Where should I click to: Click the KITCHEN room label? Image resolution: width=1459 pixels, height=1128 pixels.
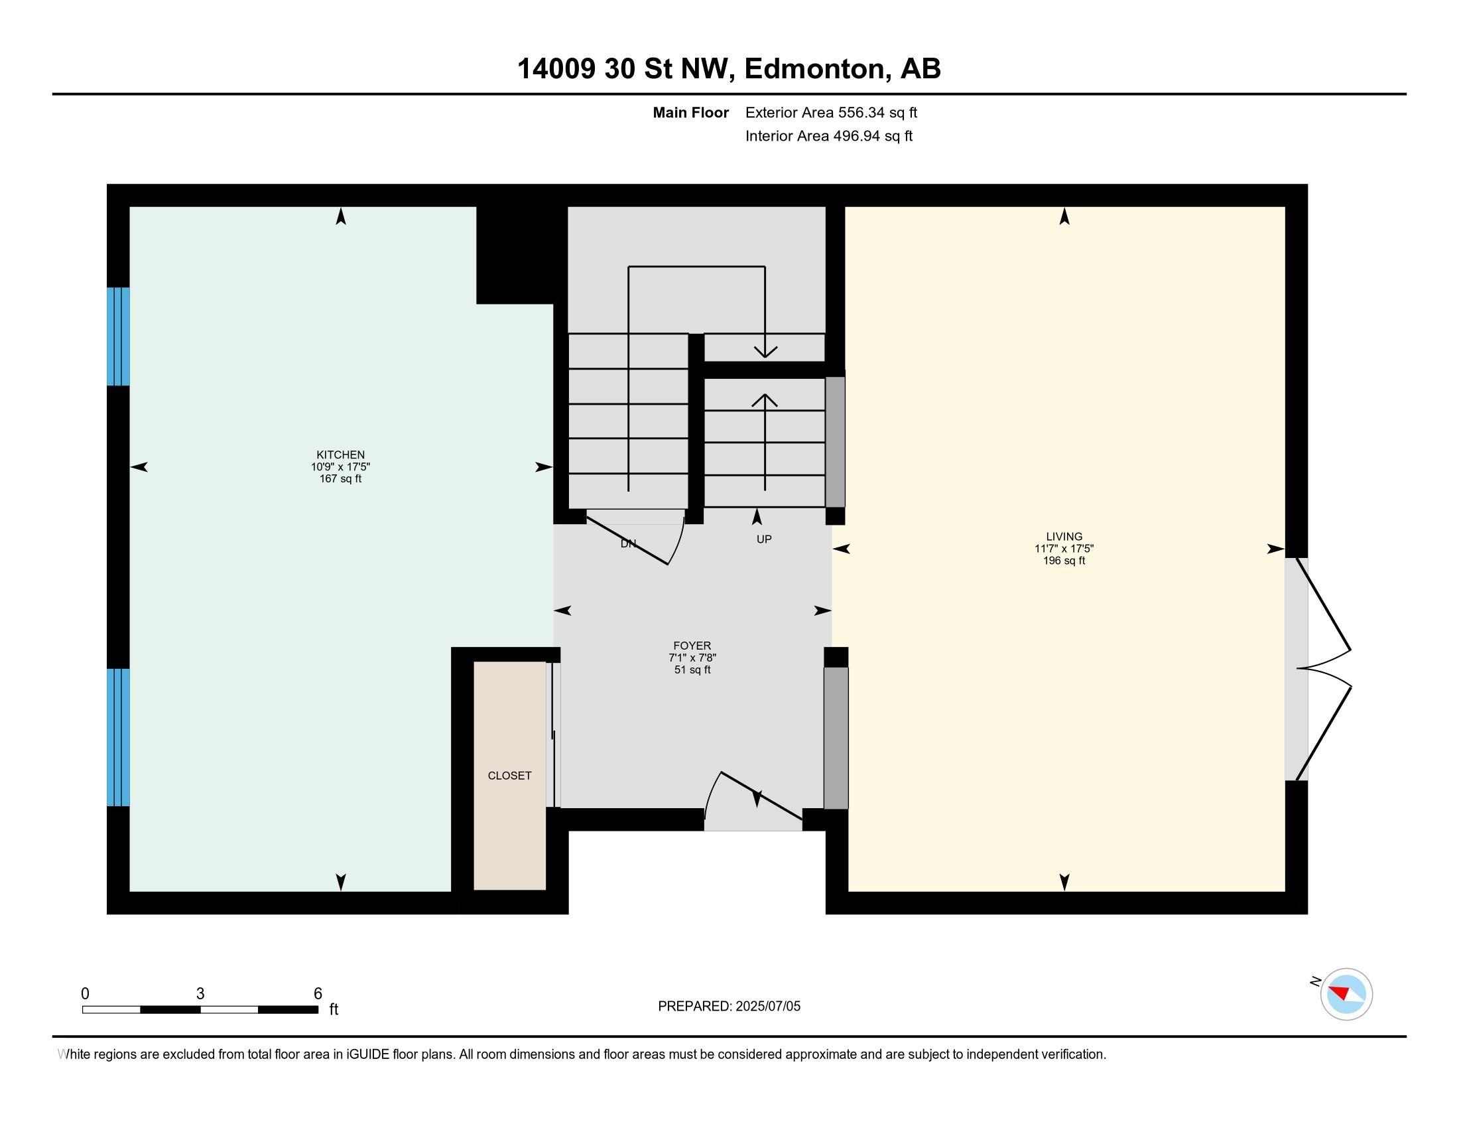(x=341, y=455)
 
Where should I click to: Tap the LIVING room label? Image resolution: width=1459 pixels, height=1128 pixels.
(x=1064, y=536)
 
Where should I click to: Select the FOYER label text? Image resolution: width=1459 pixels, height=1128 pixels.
(x=692, y=646)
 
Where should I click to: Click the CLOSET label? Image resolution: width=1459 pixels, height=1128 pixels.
(x=510, y=775)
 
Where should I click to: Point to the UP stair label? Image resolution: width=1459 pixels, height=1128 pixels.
(x=764, y=539)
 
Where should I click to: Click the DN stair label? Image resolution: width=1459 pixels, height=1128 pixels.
(x=628, y=544)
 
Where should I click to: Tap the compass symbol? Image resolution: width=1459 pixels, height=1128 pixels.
(x=1346, y=995)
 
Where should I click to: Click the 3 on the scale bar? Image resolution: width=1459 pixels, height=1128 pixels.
(x=200, y=994)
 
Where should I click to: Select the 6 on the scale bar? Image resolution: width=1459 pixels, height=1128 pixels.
(x=318, y=994)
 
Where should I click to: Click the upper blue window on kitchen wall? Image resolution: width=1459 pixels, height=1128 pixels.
(x=118, y=336)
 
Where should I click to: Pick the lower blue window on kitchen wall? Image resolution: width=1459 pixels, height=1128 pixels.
(x=118, y=737)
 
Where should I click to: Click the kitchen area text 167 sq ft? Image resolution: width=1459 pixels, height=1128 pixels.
(x=341, y=478)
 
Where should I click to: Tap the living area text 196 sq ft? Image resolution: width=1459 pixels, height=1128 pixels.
(x=1064, y=561)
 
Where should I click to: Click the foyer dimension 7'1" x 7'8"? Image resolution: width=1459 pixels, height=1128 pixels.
(x=692, y=658)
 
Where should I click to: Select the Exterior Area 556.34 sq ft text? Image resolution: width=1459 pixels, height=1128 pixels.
(x=831, y=112)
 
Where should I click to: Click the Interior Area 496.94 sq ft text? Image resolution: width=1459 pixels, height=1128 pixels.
(x=828, y=135)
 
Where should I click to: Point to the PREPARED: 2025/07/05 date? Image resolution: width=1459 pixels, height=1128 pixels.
(x=729, y=1006)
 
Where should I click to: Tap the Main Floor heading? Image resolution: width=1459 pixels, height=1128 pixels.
(x=691, y=112)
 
